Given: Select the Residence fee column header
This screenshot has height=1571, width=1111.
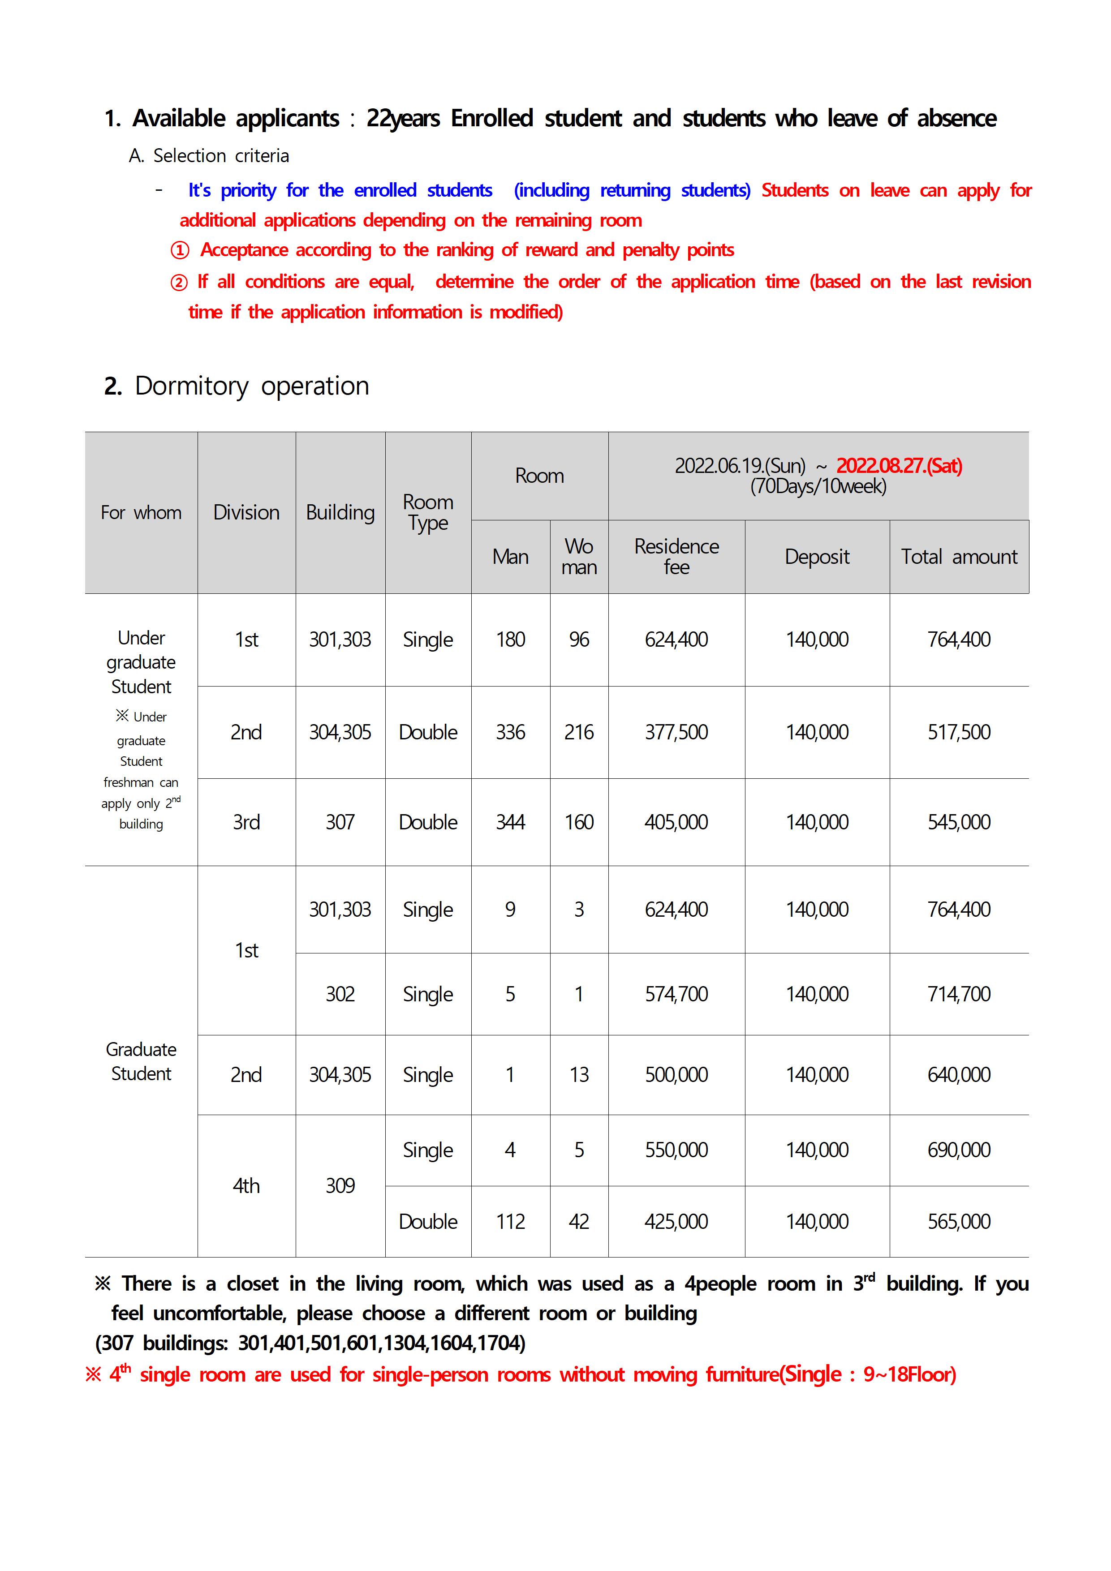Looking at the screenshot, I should point(676,556).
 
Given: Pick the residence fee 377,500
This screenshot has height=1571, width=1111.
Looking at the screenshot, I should point(676,732).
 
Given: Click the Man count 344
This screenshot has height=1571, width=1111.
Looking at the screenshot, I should point(510,822).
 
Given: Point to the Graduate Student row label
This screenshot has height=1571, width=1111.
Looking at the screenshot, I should point(141,1061).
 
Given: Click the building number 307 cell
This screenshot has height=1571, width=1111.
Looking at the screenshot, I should point(340,822).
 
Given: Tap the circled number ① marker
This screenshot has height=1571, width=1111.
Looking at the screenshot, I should point(179,250).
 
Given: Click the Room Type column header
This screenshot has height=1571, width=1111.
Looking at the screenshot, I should point(428,512).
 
